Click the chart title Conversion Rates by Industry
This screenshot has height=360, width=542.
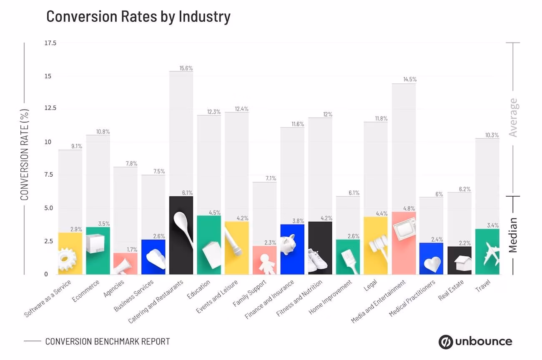tap(138, 17)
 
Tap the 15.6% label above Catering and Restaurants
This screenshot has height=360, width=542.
tap(186, 68)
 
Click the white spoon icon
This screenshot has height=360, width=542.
tap(184, 227)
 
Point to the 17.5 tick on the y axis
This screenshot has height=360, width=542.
tap(50, 43)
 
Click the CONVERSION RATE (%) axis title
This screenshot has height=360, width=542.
tap(25, 155)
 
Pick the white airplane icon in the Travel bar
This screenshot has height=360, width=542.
tap(492, 255)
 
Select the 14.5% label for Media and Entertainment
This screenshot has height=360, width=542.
tap(409, 79)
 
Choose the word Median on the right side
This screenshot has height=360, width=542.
tap(513, 235)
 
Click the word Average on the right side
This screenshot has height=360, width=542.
tap(513, 117)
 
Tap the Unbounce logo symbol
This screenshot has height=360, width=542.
tap(445, 342)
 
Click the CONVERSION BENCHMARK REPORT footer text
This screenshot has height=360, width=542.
tap(108, 341)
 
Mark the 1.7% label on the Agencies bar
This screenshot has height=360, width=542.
tap(131, 250)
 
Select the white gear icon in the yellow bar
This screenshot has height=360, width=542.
tap(67, 260)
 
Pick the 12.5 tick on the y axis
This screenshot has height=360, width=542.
tap(50, 108)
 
